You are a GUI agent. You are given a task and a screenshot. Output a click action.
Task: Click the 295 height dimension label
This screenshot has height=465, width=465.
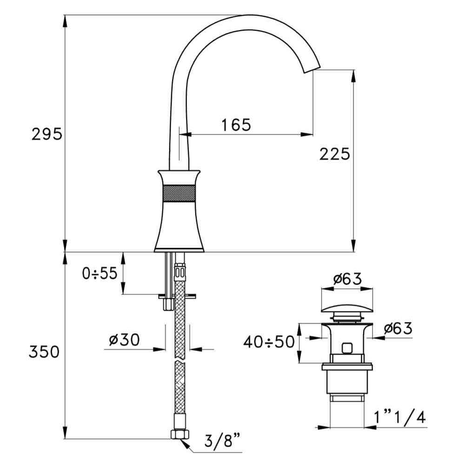[x=47, y=134]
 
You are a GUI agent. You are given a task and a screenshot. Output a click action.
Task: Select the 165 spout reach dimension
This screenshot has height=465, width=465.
[x=236, y=125]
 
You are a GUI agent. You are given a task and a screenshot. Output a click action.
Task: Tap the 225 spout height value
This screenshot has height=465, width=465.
[x=334, y=154]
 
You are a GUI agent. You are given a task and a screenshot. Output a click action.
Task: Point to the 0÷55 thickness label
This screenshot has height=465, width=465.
[x=100, y=273]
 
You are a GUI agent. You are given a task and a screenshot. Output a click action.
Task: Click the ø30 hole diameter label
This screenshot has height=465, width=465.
[x=124, y=339]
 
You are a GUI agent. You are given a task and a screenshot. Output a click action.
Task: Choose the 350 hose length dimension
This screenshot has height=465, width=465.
[x=44, y=352]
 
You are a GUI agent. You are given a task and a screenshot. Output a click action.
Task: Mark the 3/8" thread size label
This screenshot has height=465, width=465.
[x=222, y=441]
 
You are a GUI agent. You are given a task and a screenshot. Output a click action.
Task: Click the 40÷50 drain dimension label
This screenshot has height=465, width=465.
[x=269, y=342]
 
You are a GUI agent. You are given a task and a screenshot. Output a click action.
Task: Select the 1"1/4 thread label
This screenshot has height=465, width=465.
[x=400, y=418]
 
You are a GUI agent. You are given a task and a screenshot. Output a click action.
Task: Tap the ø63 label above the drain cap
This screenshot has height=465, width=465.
[x=347, y=279]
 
